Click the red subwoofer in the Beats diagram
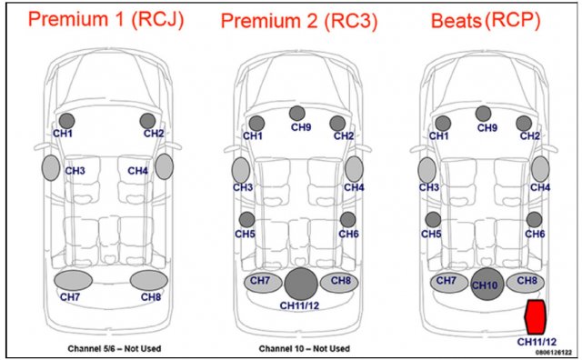click(x=535, y=316)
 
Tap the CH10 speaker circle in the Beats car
click(x=487, y=284)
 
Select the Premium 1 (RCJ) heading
click(x=105, y=20)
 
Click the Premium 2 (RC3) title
click(x=299, y=21)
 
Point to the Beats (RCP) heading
click(x=486, y=20)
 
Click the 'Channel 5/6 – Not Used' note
click(x=115, y=348)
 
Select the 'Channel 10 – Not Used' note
click(x=305, y=348)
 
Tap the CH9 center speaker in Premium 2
click(x=297, y=114)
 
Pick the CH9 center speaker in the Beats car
click(x=483, y=114)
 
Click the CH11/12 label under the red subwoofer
click(x=537, y=342)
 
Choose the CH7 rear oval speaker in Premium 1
click(x=73, y=280)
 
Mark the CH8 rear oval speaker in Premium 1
click(x=149, y=280)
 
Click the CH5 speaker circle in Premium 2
click(x=246, y=219)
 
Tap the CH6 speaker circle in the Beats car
click(x=534, y=220)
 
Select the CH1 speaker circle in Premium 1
click(x=66, y=121)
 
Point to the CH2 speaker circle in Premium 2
click(x=337, y=124)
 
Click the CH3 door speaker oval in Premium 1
click(x=51, y=168)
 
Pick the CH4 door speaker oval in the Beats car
click(x=540, y=169)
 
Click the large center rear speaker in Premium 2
click(x=301, y=284)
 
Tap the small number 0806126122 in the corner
click(x=554, y=352)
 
